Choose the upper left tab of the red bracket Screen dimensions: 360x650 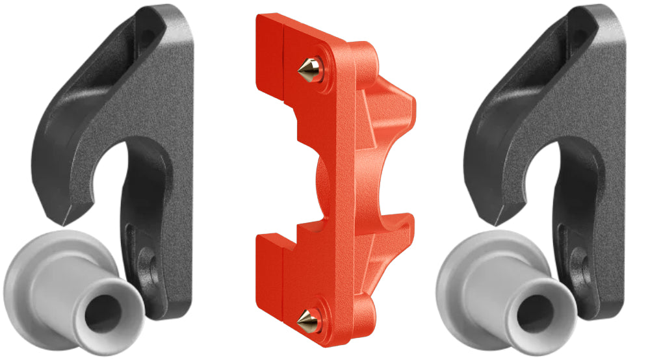pos(268,52)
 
